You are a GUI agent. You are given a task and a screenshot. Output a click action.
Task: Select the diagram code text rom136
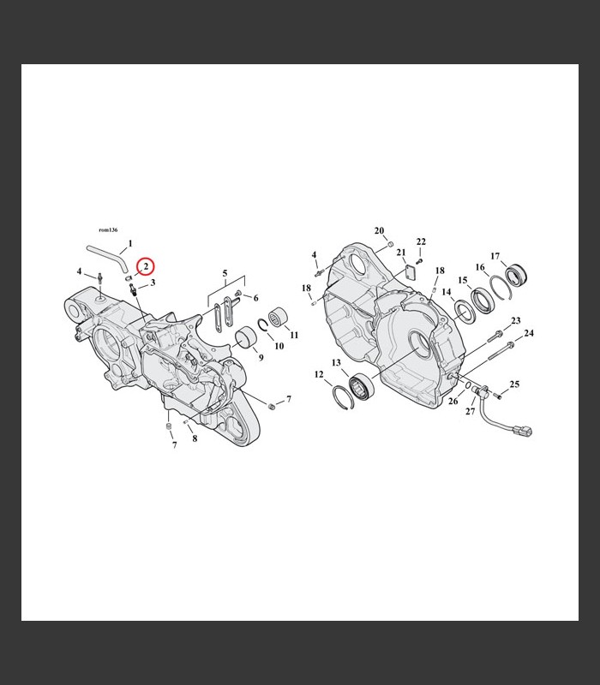(108, 229)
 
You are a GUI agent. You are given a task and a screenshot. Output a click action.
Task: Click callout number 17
(495, 256)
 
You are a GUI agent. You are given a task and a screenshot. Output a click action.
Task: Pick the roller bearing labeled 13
(362, 386)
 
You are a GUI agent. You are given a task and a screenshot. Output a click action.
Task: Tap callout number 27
(470, 411)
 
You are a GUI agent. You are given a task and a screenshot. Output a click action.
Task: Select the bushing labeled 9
(244, 337)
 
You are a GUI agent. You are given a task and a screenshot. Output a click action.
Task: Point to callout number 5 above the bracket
(225, 273)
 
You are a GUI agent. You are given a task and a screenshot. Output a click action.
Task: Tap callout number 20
(379, 230)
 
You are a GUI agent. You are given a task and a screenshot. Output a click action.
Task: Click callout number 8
(195, 438)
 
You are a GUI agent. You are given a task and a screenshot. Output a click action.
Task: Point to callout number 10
(279, 346)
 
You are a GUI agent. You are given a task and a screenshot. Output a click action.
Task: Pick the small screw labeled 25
(499, 396)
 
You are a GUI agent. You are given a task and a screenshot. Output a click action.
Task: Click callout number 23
(516, 320)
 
